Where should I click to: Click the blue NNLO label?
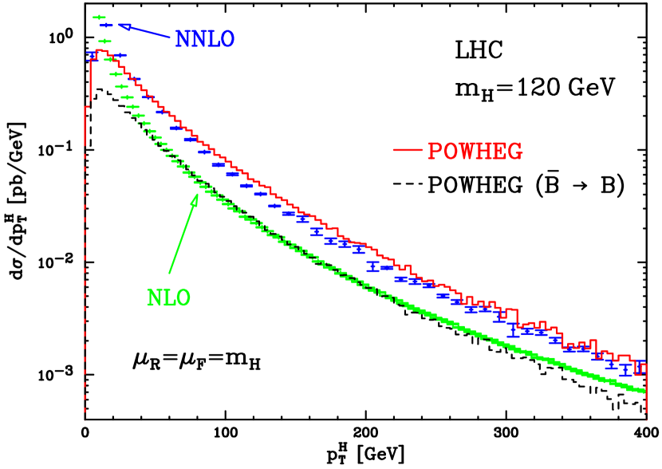[205, 40]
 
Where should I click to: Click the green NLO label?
[168, 298]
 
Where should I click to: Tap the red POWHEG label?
[475, 152]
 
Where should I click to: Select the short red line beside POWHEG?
[408, 149]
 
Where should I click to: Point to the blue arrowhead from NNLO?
[124, 26]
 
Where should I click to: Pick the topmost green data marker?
[100, 17]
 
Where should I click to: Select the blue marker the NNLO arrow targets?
[106, 26]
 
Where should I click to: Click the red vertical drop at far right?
[646, 391]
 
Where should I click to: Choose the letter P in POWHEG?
[435, 152]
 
